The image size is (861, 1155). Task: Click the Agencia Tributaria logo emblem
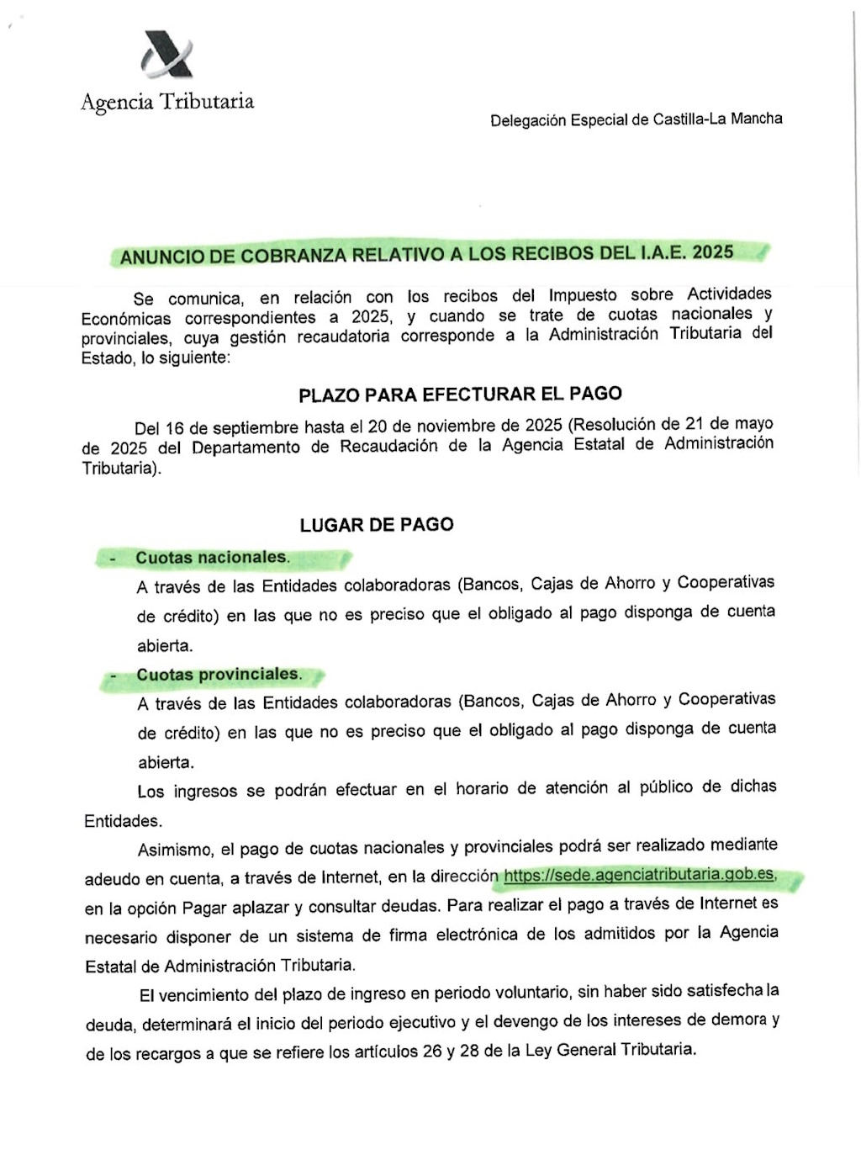[x=166, y=55]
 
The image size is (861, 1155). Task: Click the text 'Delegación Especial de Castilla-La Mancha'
[x=636, y=119]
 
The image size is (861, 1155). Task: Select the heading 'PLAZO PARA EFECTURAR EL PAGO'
[x=460, y=394]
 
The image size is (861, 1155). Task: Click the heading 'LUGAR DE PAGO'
[x=377, y=525]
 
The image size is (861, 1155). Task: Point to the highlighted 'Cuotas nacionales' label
[x=212, y=558]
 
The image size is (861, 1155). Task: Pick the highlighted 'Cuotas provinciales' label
[x=218, y=675]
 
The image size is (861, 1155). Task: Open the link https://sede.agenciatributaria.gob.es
[x=639, y=875]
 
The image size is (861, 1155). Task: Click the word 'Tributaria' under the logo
[x=207, y=102]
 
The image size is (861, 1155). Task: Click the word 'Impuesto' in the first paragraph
[x=583, y=295]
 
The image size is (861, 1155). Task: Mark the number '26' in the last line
[x=432, y=1052]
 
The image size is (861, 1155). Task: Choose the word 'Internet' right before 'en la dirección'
[x=351, y=877]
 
